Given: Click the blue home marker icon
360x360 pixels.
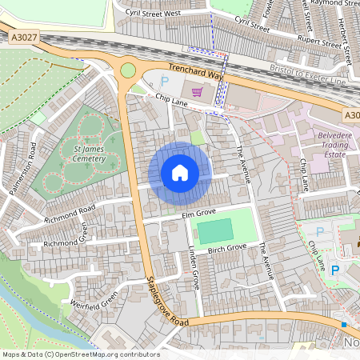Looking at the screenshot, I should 180,172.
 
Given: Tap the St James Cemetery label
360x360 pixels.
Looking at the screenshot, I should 89,154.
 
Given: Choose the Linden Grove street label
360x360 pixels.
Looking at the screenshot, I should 193,273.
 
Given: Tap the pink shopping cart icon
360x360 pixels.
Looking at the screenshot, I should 197,90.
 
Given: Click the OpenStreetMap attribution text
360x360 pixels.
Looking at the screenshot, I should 80,354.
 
